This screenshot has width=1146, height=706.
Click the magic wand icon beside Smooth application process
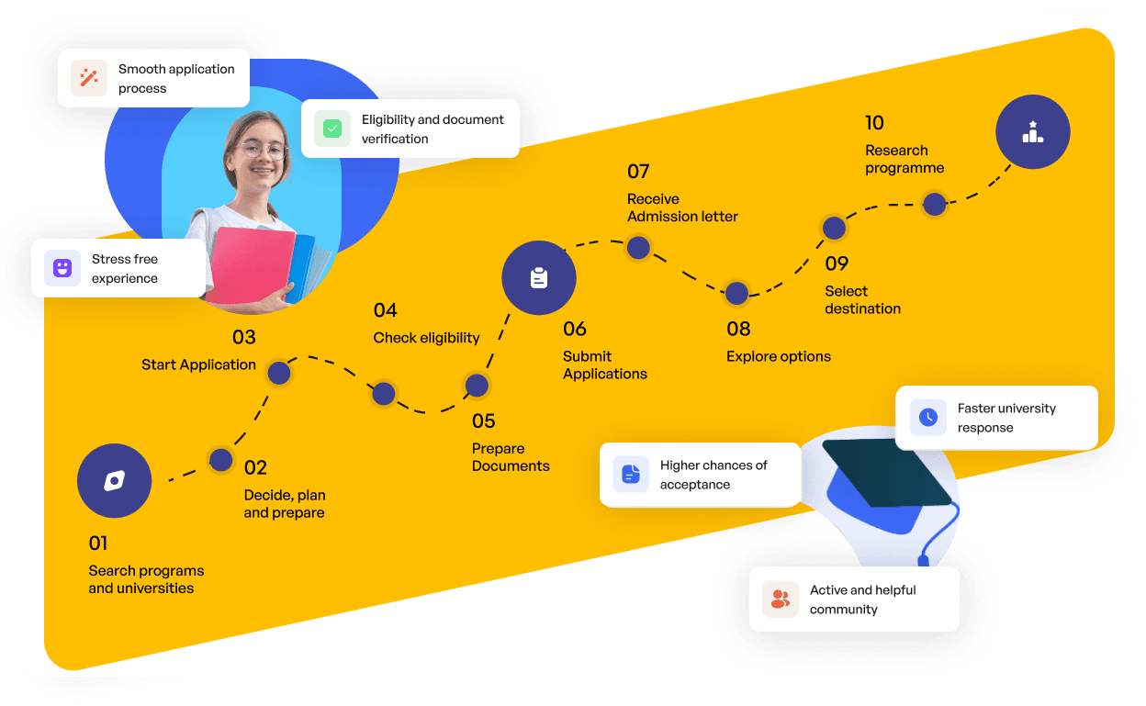89,78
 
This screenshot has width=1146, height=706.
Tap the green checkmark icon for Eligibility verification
332,129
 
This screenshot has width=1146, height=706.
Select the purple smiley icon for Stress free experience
62,267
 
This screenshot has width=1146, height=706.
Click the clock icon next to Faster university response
928,418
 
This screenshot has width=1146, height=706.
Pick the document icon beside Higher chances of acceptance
631,474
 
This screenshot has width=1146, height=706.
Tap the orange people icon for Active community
781,600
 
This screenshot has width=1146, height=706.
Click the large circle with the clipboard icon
539,278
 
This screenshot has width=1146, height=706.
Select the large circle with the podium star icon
1033,131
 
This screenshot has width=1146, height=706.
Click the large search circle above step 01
115,481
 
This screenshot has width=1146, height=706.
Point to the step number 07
638,172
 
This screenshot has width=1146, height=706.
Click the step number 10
874,123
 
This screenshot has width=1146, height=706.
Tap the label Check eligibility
426,338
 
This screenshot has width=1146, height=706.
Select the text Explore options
778,356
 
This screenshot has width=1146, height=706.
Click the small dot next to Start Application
279,373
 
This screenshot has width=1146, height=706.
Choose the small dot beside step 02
221,460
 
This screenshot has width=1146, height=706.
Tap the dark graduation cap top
887,472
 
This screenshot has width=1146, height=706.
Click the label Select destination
862,300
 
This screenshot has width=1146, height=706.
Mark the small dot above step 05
477,386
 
